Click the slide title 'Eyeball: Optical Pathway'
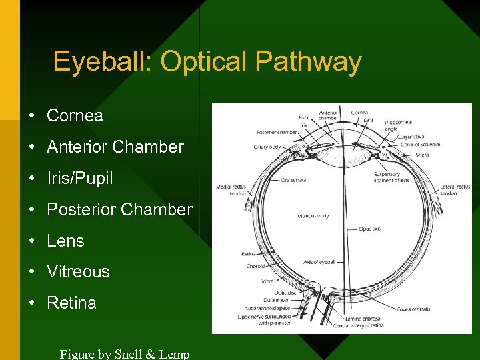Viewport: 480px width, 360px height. click(x=207, y=62)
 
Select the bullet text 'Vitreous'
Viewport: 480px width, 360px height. click(x=78, y=271)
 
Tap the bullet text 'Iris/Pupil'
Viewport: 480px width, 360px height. click(x=79, y=178)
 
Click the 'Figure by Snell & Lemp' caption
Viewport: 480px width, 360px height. click(x=125, y=354)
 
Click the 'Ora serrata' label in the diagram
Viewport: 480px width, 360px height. click(x=293, y=180)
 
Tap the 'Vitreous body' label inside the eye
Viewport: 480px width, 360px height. click(x=313, y=216)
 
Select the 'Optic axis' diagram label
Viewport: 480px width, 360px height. click(x=369, y=229)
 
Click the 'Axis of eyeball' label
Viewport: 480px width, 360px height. click(x=319, y=262)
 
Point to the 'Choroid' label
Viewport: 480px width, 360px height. click(x=255, y=266)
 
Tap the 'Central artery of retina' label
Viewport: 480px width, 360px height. click(x=359, y=326)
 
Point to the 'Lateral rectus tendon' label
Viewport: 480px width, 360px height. click(x=455, y=190)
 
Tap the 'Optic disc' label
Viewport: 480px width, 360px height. click(x=285, y=293)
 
